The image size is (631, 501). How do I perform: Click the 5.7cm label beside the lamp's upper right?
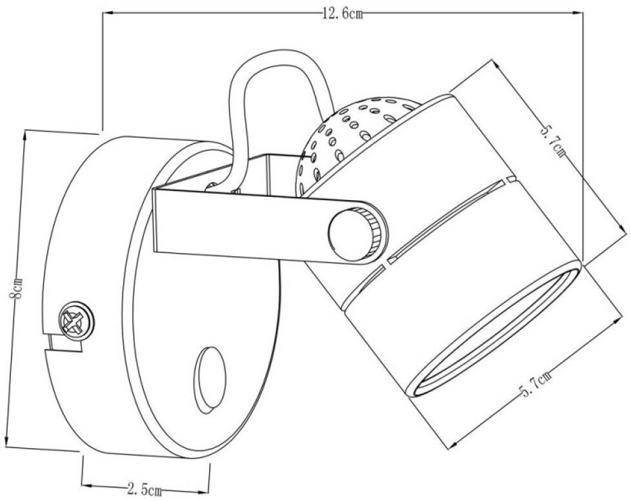point(554,141)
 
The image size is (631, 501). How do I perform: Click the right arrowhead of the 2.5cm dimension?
point(208,485)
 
